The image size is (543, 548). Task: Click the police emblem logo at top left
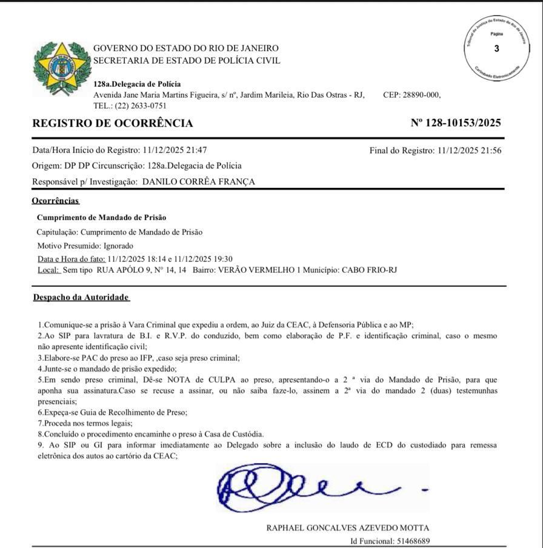(59, 67)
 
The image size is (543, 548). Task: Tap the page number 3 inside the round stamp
(497, 49)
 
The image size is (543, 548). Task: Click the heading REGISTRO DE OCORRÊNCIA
(113, 124)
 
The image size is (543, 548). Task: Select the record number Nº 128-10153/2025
(456, 123)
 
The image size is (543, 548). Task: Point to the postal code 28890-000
(422, 95)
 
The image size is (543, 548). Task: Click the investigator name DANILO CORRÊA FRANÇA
(198, 182)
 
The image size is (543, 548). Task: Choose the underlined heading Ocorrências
(56, 201)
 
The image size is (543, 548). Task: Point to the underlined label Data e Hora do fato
(71, 259)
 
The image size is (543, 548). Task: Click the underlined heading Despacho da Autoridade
(81, 297)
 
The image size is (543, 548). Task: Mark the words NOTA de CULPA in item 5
(168, 380)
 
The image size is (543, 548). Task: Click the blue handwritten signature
(315, 488)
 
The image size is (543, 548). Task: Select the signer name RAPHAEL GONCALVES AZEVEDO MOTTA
(348, 528)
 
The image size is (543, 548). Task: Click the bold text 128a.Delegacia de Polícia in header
(137, 84)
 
